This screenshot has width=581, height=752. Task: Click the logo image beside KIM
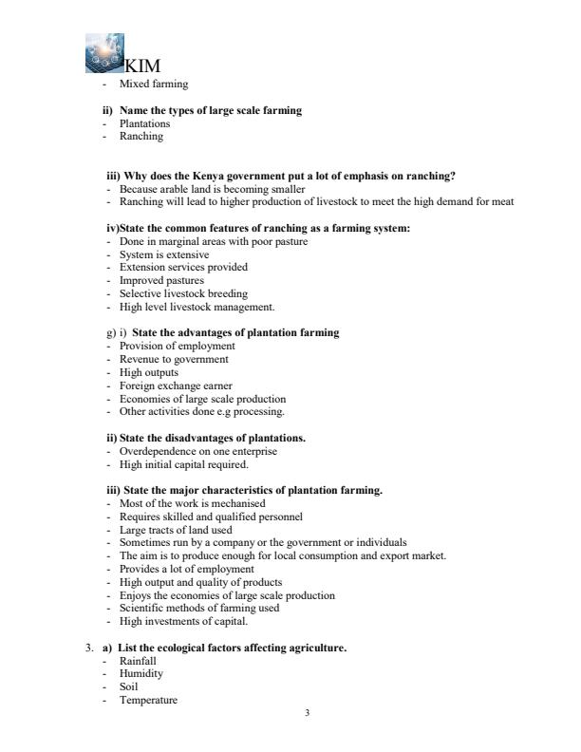coord(103,53)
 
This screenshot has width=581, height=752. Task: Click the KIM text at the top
coord(142,66)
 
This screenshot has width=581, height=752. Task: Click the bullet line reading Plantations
coord(144,123)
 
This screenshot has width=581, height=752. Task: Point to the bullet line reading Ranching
coord(141,136)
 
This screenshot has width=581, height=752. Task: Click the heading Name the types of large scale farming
coord(210,111)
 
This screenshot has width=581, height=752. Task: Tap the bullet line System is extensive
coord(164,254)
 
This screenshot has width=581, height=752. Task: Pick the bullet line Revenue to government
coord(174,359)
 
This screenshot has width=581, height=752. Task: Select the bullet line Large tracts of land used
coord(177,529)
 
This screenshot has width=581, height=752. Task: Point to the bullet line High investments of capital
coord(180,621)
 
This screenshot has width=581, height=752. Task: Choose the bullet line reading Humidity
coord(141,673)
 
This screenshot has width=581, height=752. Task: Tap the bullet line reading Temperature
coord(147,700)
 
